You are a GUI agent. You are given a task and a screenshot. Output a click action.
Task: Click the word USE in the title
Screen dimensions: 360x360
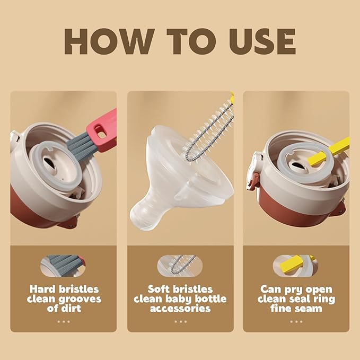255,41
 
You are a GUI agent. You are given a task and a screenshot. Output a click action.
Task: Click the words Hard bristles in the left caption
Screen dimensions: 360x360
63,289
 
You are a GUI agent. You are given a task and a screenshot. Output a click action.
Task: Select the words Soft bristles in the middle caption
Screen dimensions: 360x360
180,289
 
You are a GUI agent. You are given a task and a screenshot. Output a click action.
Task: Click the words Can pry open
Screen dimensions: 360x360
296,289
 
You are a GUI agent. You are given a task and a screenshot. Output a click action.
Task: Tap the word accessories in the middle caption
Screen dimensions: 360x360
180,309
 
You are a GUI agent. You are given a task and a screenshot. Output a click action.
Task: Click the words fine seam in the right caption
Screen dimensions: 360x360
296,309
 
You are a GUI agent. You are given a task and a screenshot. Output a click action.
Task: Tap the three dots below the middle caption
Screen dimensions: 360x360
180,321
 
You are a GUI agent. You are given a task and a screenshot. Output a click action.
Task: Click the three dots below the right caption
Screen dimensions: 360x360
296,321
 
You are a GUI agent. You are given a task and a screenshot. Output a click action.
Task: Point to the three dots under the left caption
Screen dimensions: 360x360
63,321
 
